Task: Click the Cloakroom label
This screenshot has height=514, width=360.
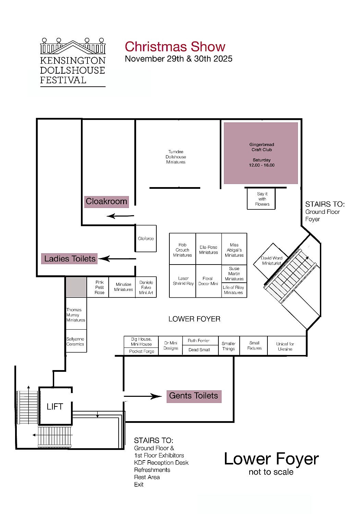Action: [x=106, y=202]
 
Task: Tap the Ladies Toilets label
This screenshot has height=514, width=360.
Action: [x=69, y=259]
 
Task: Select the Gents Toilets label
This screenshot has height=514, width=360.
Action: [x=194, y=396]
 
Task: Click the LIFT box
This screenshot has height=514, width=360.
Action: [x=55, y=406]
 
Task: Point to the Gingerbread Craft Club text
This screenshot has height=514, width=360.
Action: [x=262, y=147]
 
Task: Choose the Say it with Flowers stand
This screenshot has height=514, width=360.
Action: [x=261, y=199]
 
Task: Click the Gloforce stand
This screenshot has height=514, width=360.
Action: [x=146, y=238]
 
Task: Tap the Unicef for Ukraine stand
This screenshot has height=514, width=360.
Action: [x=287, y=346]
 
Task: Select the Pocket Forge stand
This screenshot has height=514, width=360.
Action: [x=141, y=351]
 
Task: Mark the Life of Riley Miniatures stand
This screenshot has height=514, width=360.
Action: [x=234, y=290]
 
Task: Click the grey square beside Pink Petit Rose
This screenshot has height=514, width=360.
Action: [x=76, y=287]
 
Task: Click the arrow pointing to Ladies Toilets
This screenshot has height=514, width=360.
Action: [x=117, y=259]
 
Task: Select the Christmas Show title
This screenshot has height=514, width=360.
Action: [x=175, y=47]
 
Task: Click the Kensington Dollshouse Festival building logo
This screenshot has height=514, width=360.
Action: [x=73, y=46]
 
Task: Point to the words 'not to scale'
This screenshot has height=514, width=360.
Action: [x=271, y=472]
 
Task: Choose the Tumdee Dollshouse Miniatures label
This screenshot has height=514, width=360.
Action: [x=176, y=157]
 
